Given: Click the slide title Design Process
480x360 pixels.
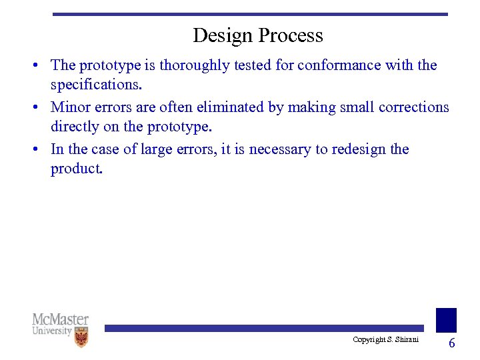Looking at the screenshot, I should pyautogui.click(x=257, y=35).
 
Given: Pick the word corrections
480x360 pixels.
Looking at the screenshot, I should pyautogui.click(x=413, y=107).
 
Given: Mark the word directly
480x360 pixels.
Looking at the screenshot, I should pyautogui.click(x=75, y=127).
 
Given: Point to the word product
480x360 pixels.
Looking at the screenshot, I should pyautogui.click(x=76, y=169).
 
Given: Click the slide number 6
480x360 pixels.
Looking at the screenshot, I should pyautogui.click(x=451, y=343).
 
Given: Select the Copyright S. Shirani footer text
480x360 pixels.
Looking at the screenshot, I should pyautogui.click(x=385, y=340).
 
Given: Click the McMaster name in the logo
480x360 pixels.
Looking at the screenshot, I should pyautogui.click(x=61, y=319).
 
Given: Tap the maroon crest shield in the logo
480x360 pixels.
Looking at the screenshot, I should pyautogui.click(x=81, y=338).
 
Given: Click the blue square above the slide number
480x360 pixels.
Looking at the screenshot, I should pyautogui.click(x=446, y=320).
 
